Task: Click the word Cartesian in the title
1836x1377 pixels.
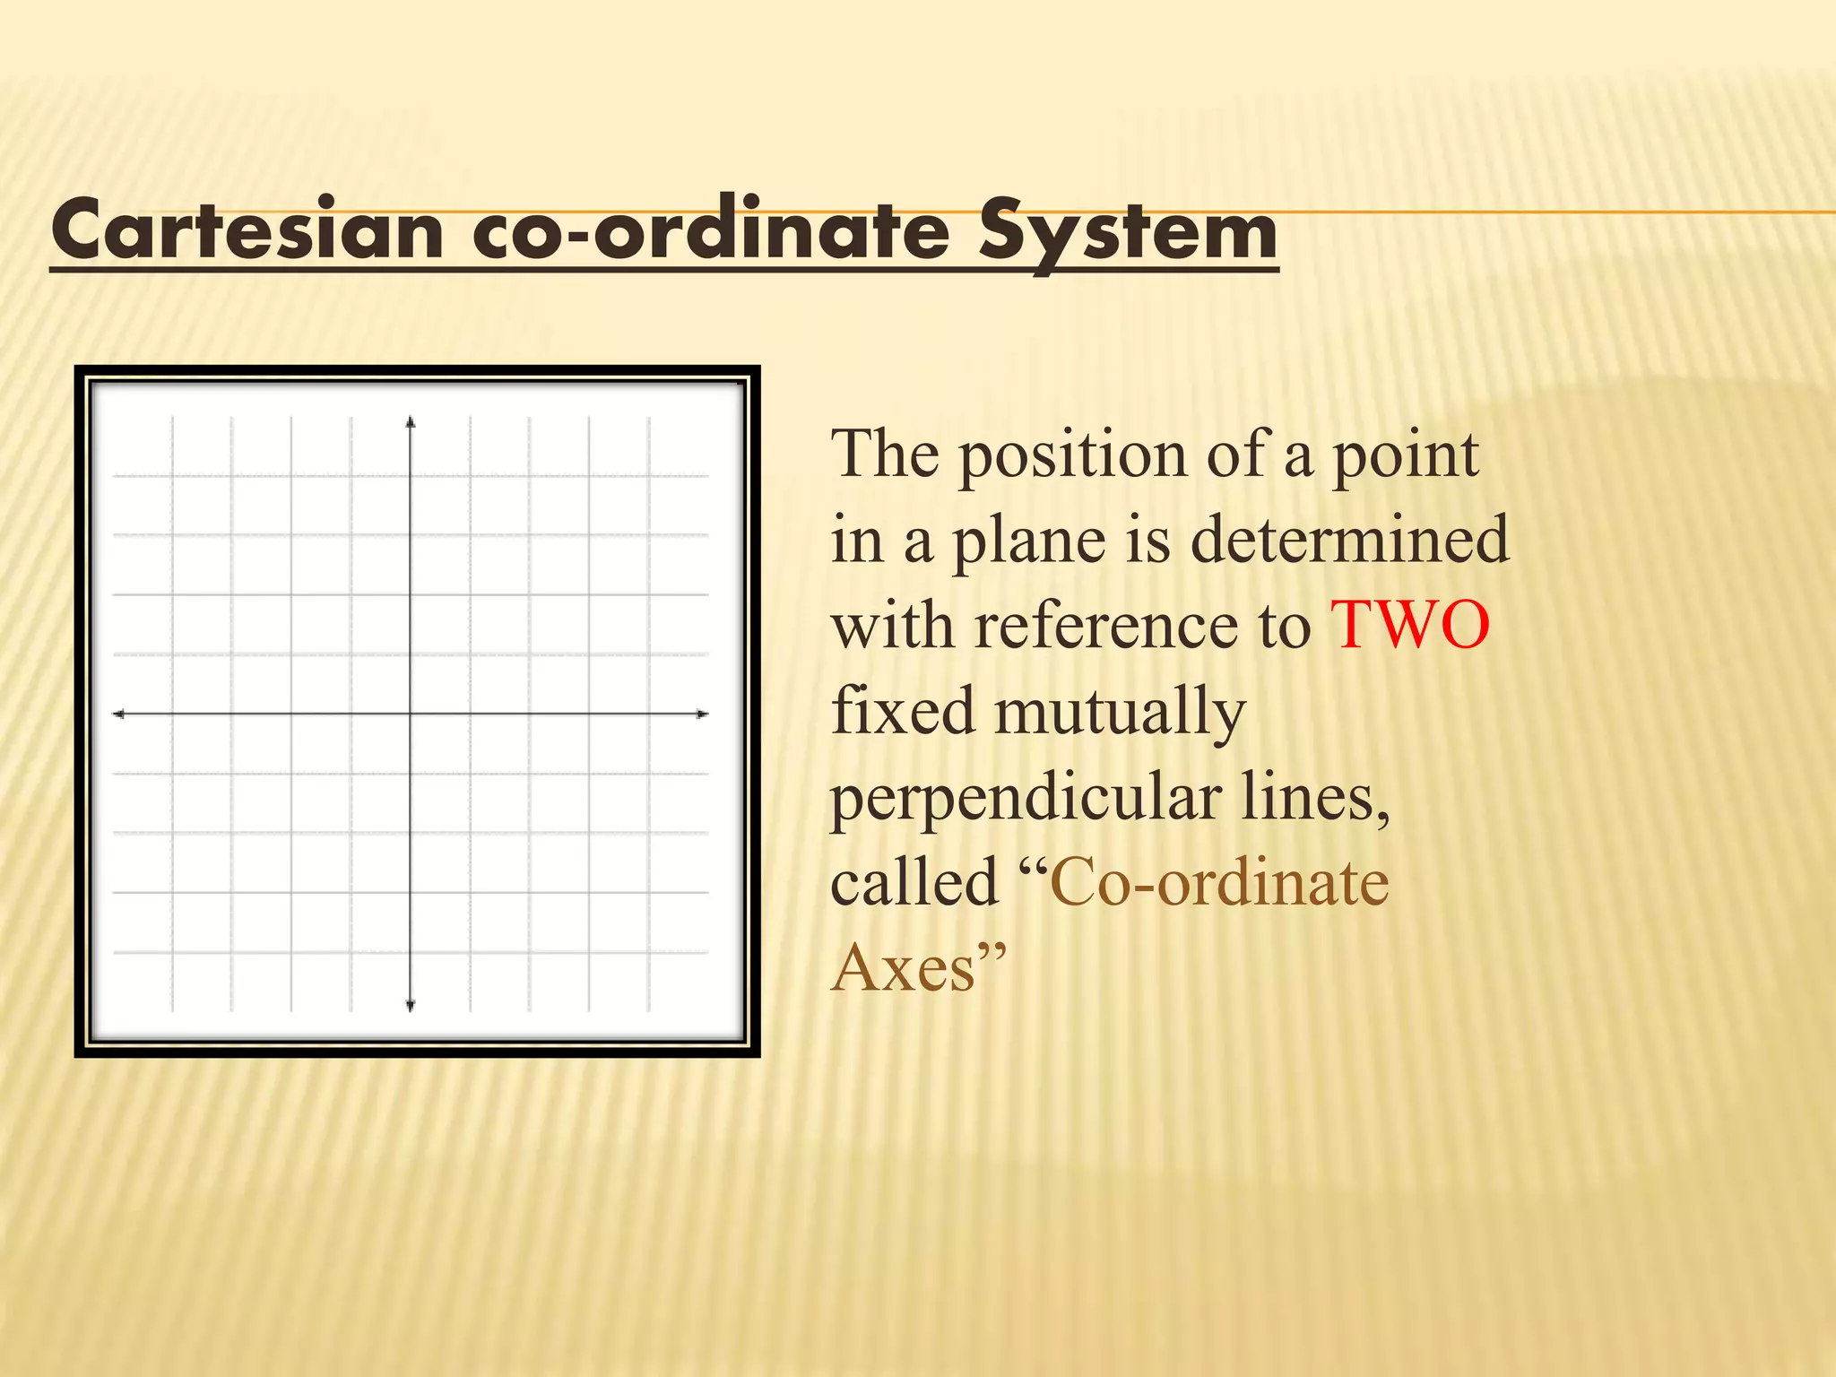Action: click(x=247, y=231)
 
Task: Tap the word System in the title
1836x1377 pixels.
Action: click(x=1128, y=231)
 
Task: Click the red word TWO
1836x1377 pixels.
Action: click(x=1410, y=625)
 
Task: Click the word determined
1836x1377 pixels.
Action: click(x=1349, y=540)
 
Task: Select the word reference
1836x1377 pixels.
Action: click(x=1143, y=625)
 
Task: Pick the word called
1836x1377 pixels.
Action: click(x=914, y=882)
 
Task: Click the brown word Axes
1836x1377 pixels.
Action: click(x=903, y=968)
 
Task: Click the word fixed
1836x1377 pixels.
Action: click(x=903, y=711)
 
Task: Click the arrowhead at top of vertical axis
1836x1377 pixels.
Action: click(x=411, y=422)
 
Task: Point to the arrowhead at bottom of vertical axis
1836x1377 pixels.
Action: click(x=411, y=1006)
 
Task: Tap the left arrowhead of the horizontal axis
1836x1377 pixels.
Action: click(x=118, y=714)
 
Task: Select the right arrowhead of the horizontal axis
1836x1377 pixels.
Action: click(x=703, y=714)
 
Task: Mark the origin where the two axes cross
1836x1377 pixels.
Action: click(x=411, y=714)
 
